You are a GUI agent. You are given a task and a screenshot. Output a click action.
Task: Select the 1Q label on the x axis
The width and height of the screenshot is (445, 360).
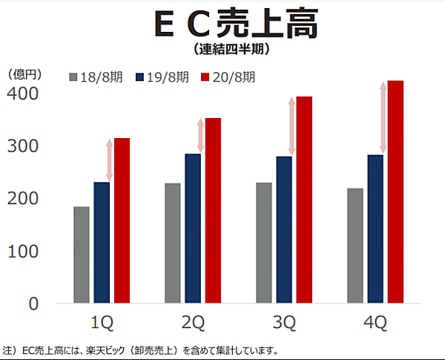click(x=102, y=323)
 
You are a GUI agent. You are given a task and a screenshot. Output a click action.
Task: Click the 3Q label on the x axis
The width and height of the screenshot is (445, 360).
click(x=284, y=323)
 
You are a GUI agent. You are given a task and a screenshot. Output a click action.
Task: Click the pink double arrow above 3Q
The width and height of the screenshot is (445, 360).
click(x=291, y=126)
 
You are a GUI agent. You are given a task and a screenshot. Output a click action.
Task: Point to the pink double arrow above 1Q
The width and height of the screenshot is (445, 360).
click(x=109, y=160)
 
